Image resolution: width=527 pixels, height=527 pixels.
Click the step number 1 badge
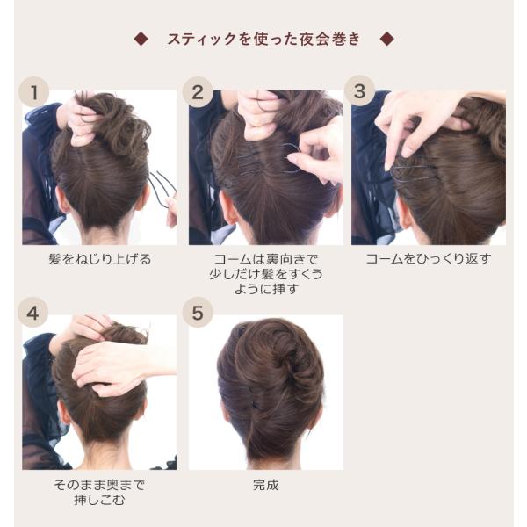click(33, 92)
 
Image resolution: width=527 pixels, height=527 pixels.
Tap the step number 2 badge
click(198, 92)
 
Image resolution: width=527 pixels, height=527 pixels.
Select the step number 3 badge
click(359, 91)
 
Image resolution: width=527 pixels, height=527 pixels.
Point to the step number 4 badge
click(33, 314)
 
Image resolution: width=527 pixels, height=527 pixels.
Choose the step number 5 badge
click(198, 313)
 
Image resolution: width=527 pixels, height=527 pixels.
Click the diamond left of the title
click(141, 39)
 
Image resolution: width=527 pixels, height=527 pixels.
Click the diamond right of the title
click(386, 39)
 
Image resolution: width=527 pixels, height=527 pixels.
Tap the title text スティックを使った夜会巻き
click(263, 39)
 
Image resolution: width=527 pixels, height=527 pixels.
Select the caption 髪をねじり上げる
click(100, 259)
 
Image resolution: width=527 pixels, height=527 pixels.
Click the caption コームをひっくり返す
click(429, 259)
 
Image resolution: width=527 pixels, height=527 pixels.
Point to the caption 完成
click(266, 485)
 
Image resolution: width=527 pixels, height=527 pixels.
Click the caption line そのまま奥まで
click(99, 485)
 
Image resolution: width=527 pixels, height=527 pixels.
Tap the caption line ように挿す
click(266, 289)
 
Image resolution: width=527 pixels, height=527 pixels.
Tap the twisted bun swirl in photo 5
click(279, 353)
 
